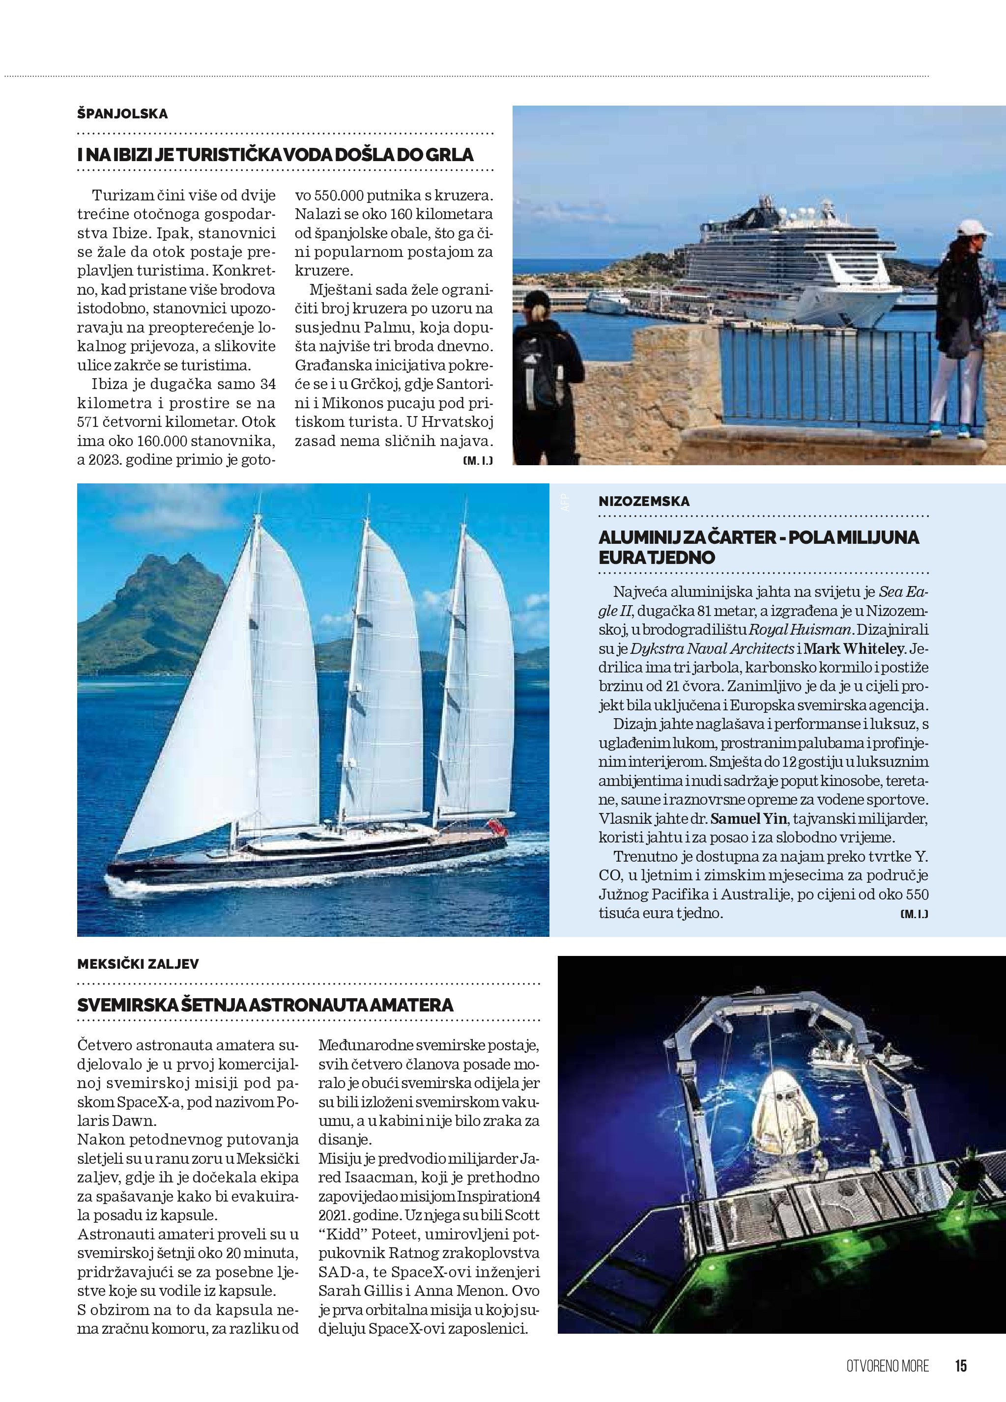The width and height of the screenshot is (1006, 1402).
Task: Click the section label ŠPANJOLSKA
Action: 122,114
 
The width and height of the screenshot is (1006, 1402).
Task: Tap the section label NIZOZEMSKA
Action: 644,502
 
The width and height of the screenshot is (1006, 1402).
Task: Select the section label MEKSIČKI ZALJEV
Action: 138,964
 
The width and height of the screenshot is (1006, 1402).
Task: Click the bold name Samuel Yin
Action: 748,819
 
